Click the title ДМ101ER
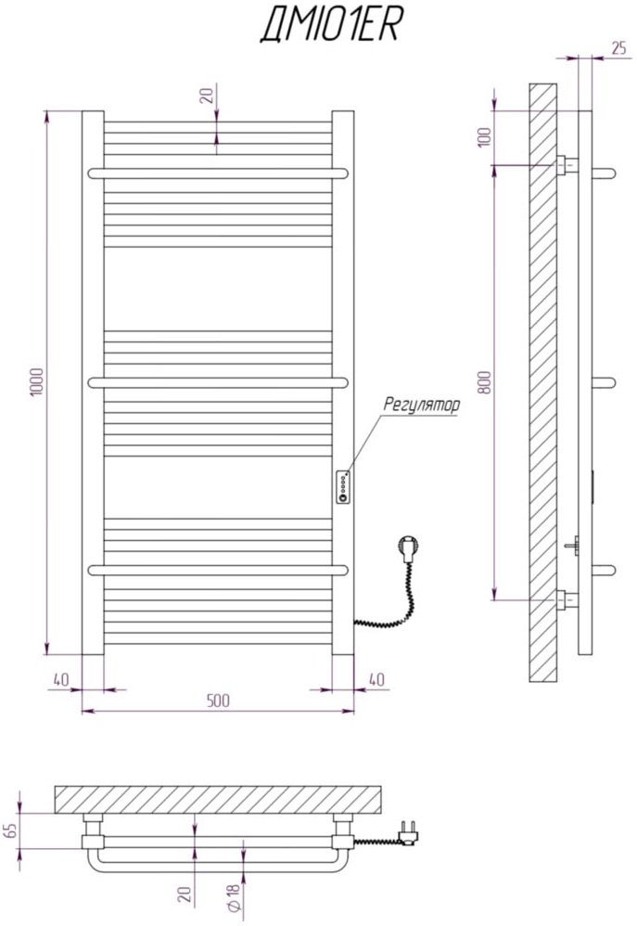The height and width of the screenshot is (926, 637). (330, 28)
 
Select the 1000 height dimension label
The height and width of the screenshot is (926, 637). (36, 382)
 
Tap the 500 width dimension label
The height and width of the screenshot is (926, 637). (217, 701)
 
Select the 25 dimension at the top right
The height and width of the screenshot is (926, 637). (618, 48)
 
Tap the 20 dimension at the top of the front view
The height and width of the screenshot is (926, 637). (207, 96)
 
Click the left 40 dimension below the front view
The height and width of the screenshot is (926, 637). (61, 680)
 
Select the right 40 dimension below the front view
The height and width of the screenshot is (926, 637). (376, 680)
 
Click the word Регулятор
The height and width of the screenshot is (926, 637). (420, 406)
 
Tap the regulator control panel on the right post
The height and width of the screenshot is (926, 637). (344, 486)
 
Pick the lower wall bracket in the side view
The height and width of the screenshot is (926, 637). (567, 600)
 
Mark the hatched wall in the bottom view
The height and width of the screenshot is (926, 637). (220, 798)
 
